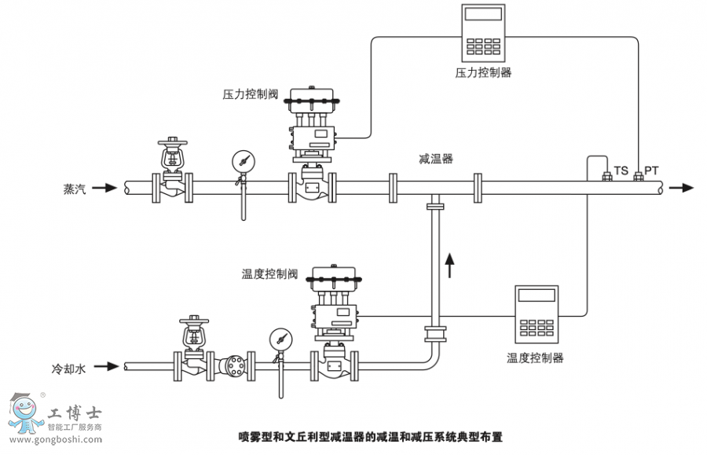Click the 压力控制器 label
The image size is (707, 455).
483,72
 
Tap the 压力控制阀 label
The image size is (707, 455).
251,94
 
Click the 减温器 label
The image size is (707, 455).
435,159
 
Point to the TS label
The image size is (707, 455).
621,171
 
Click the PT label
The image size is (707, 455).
651,171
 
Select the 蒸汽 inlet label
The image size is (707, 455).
75,189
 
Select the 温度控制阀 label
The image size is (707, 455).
269,274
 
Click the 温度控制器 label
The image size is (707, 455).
535,358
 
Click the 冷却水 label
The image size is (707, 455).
68,367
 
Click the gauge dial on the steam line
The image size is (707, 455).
243,160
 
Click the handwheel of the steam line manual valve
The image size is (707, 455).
173,144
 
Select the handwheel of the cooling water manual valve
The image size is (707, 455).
194,321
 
